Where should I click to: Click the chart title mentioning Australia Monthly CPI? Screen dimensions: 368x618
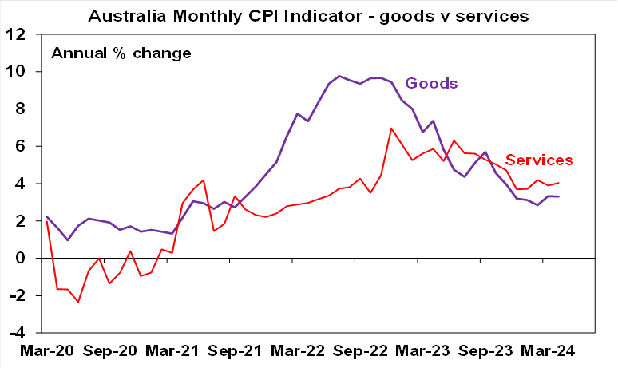point(310,15)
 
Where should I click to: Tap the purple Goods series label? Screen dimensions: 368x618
point(431,83)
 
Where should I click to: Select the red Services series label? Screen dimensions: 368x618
point(538,160)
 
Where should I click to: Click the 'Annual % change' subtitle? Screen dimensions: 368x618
point(121,53)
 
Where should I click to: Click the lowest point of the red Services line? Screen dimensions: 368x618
point(78,302)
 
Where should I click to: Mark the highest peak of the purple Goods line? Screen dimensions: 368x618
point(339,76)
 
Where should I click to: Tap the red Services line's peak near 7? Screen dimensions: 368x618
point(392,128)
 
